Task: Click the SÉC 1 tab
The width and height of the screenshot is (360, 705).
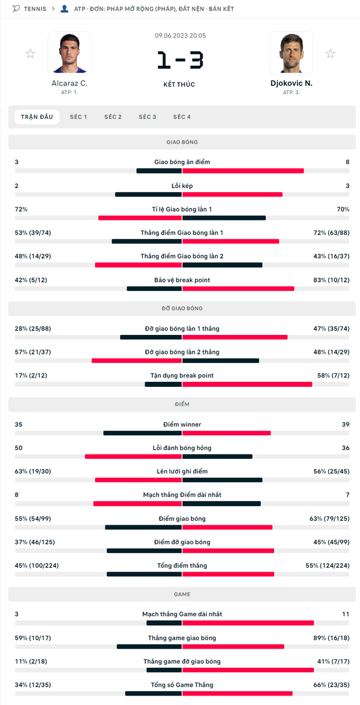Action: pos(78,117)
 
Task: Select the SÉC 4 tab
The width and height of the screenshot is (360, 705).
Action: pos(182,117)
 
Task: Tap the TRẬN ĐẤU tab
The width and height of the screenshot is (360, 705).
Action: pos(37,117)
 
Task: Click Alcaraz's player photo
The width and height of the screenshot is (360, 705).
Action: pos(70,53)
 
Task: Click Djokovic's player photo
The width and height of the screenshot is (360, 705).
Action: pos(291,53)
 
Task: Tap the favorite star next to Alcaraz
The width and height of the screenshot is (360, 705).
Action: pos(30,54)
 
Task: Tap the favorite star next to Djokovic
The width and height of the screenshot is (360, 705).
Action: pos(330,54)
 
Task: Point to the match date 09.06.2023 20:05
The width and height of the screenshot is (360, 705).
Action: pos(180,36)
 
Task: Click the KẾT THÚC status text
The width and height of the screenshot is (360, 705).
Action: pos(179,84)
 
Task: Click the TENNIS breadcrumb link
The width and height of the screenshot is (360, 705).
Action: pos(35,9)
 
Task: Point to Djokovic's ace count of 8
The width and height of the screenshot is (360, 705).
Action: pos(347,162)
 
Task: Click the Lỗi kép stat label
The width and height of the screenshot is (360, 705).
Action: pos(182,186)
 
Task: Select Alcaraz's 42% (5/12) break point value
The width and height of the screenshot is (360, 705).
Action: pos(31,280)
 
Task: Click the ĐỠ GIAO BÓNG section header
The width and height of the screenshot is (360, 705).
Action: pos(182,309)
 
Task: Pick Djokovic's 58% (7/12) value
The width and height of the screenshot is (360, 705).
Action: pos(333,375)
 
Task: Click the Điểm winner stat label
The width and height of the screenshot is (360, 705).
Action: pos(182,424)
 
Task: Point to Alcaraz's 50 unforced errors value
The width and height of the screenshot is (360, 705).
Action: pos(18,448)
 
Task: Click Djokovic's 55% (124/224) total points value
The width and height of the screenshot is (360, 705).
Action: pos(328,565)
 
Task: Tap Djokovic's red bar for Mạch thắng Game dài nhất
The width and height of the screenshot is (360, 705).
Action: pos(248,623)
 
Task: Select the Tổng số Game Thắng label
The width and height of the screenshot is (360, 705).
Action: pos(182,685)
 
